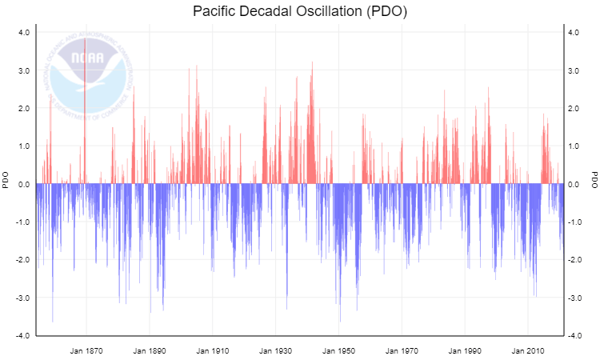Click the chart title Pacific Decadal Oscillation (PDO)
pyautogui.click(x=300, y=12)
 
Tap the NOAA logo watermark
pyautogui.click(x=86, y=69)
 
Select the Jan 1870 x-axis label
pyautogui.click(x=86, y=350)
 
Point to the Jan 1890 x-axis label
pyautogui.click(x=150, y=350)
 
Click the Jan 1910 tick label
pyautogui.click(x=212, y=350)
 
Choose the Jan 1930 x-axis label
pyautogui.click(x=275, y=350)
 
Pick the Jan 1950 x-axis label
pyautogui.click(x=338, y=350)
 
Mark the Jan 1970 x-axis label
pyautogui.click(x=402, y=350)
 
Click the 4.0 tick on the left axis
pyautogui.click(x=23, y=33)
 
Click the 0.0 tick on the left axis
pyautogui.click(x=23, y=184)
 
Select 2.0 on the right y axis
pyautogui.click(x=574, y=109)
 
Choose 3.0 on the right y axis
pyautogui.click(x=574, y=70)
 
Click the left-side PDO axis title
pyautogui.click(x=6, y=181)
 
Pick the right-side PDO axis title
pyautogui.click(x=594, y=181)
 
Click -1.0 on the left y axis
pyautogui.click(x=22, y=222)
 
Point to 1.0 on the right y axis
pyautogui.click(x=574, y=146)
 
